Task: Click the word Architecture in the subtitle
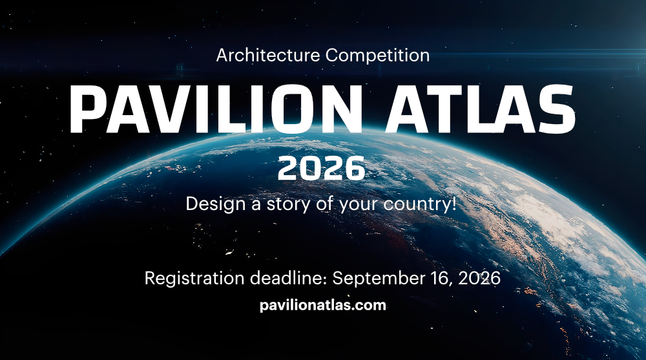(x=268, y=55)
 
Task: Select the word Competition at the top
(x=377, y=55)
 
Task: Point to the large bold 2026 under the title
(x=321, y=168)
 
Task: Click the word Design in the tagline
(x=216, y=204)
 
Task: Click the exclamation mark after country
(x=453, y=204)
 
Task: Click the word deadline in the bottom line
(x=288, y=278)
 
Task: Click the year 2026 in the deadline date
(x=479, y=279)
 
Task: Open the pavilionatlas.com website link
(x=323, y=306)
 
